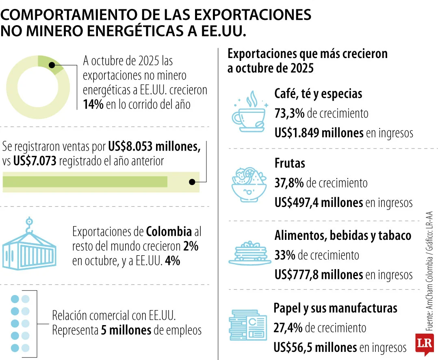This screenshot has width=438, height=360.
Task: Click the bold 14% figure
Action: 93,104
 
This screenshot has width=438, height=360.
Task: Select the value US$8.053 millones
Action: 154,146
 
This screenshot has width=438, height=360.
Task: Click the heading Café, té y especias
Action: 318,94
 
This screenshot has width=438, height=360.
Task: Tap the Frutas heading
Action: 290,163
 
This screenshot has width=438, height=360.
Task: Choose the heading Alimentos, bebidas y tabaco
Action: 343,235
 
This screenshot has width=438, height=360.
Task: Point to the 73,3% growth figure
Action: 289,113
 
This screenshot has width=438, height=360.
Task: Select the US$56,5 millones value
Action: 315,347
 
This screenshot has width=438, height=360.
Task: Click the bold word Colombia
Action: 169,232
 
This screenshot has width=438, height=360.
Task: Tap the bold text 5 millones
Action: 126,330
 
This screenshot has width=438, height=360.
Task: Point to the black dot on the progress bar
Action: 192,182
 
